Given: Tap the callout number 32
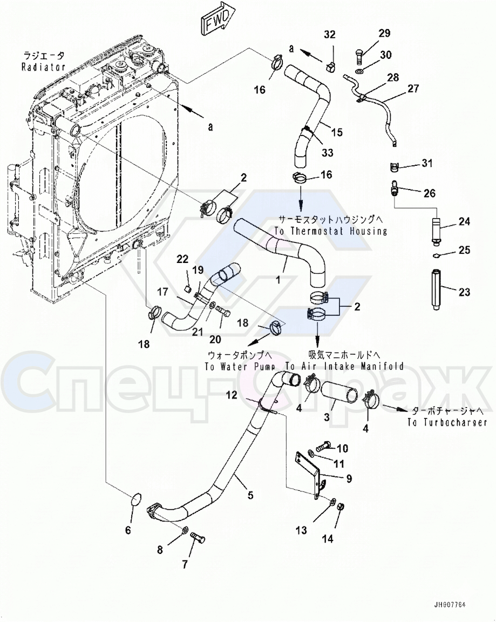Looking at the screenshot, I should point(330,35).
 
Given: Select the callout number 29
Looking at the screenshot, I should point(384,33).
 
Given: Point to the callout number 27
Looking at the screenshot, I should point(413,89).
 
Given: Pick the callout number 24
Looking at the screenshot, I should point(464,221).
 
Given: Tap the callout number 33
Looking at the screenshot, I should point(328,153).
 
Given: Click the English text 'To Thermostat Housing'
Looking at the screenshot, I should point(330,231).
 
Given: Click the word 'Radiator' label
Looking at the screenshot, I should point(43,67).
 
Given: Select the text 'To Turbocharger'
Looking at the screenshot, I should point(447,422).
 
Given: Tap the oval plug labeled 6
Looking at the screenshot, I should point(135,501).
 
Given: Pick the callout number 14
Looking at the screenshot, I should point(329,538).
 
